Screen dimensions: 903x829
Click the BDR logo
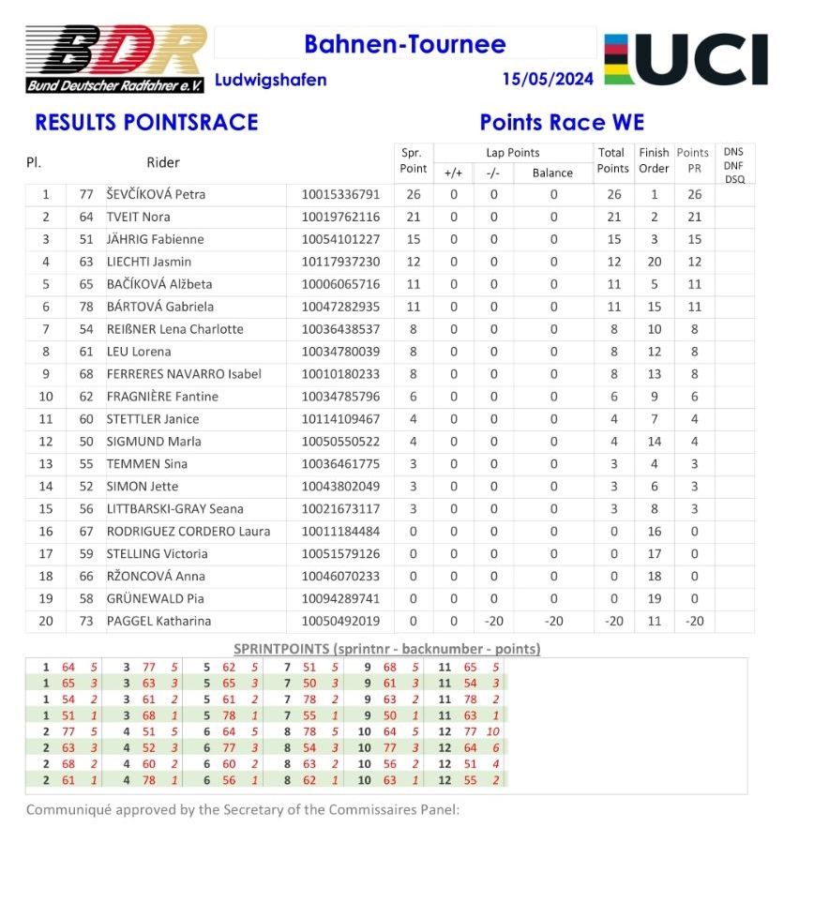coord(115,58)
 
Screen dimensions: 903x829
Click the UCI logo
coord(686,59)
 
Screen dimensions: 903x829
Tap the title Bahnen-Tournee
coord(404,44)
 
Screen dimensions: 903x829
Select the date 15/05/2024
coord(548,80)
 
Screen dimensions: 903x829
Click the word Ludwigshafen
coord(270,80)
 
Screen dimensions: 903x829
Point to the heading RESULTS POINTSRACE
coord(146,123)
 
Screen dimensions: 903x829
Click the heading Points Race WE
coord(562,123)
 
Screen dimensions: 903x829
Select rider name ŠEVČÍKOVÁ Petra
coord(156,195)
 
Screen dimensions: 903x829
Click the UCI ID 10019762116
coord(340,218)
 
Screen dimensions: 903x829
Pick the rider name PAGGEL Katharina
coord(158,621)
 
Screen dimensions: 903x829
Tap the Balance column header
coord(552,173)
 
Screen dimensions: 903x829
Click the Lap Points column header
coord(512,153)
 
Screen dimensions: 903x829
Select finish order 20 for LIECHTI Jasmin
coord(654,262)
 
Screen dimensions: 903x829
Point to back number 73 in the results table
coord(86,621)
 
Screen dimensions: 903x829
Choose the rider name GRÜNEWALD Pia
coord(156,598)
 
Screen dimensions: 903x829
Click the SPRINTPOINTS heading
coord(385,649)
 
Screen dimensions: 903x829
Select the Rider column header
coord(163,162)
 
